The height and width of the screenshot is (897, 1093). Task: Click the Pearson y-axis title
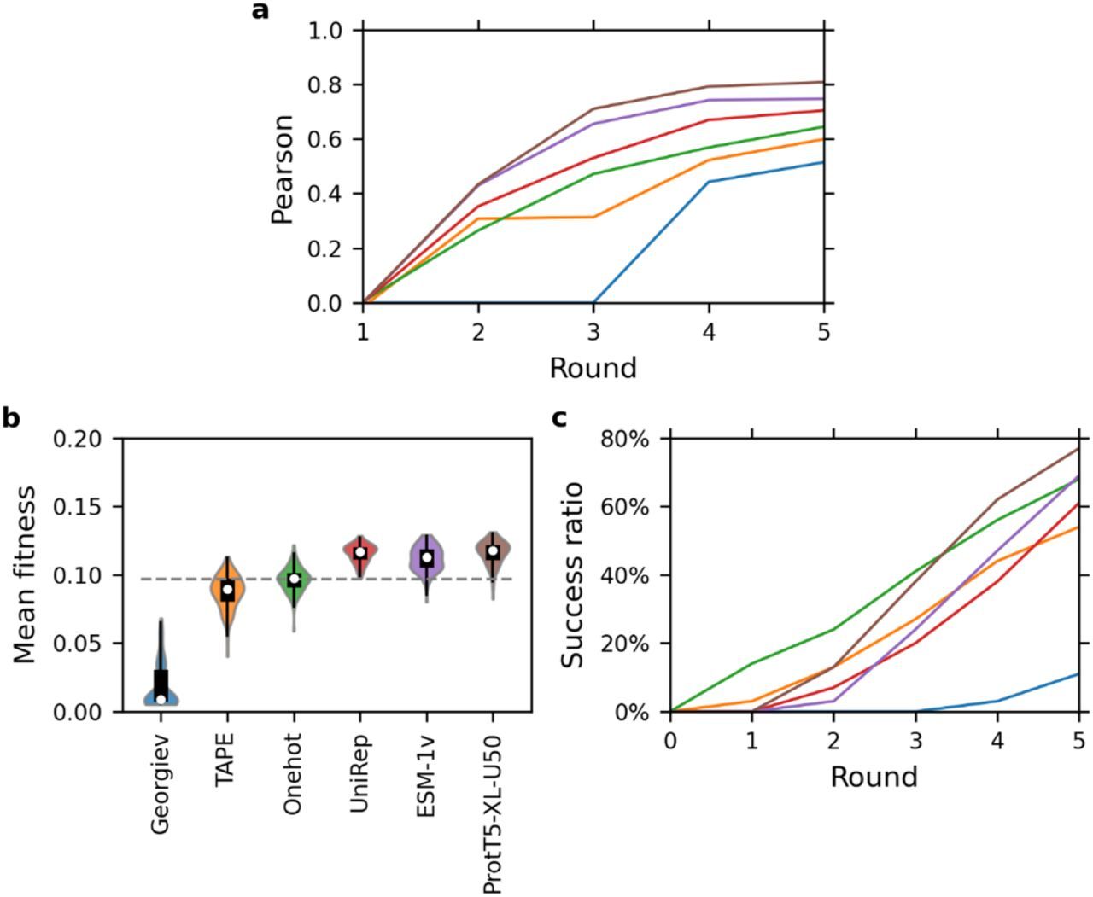click(283, 168)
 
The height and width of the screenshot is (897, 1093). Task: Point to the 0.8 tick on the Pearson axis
click(324, 85)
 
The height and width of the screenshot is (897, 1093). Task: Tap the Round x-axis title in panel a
click(593, 368)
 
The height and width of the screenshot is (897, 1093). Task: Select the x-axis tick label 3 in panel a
click(593, 331)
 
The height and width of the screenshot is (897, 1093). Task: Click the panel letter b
click(12, 417)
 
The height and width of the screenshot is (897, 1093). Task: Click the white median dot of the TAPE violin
click(227, 590)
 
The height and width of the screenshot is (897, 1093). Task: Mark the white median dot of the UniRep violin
click(360, 552)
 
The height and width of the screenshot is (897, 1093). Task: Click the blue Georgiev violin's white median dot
click(161, 699)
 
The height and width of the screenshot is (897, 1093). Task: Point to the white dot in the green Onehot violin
click(294, 580)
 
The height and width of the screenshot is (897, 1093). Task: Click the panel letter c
click(560, 417)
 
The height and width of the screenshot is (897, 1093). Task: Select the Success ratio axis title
click(574, 574)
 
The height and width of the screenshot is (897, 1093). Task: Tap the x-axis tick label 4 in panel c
click(997, 739)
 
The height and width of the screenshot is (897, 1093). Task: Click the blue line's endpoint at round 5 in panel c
click(1078, 673)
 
